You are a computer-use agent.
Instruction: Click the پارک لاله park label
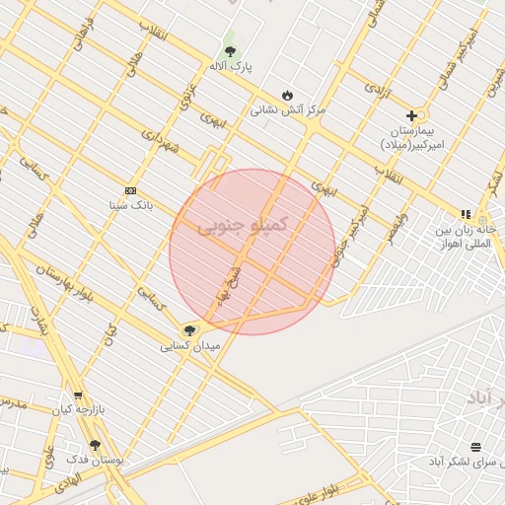pyautogui.click(x=230, y=65)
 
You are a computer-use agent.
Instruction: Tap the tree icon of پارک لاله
pyautogui.click(x=230, y=50)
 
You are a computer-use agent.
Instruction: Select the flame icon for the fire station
pyautogui.click(x=287, y=95)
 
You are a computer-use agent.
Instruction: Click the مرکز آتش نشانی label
pyautogui.click(x=287, y=110)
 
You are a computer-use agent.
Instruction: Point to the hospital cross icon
pyautogui.click(x=411, y=115)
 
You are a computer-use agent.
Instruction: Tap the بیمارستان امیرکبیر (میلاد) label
pyautogui.click(x=413, y=137)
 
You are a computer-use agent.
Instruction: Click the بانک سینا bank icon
pyautogui.click(x=131, y=190)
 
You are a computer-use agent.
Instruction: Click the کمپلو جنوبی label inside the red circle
pyautogui.click(x=243, y=226)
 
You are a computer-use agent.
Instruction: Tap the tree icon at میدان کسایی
pyautogui.click(x=189, y=331)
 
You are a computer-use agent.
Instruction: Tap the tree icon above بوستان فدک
pyautogui.click(x=96, y=445)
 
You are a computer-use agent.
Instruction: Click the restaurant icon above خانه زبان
pyautogui.click(x=466, y=214)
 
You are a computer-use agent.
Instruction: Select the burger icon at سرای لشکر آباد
pyautogui.click(x=476, y=446)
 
